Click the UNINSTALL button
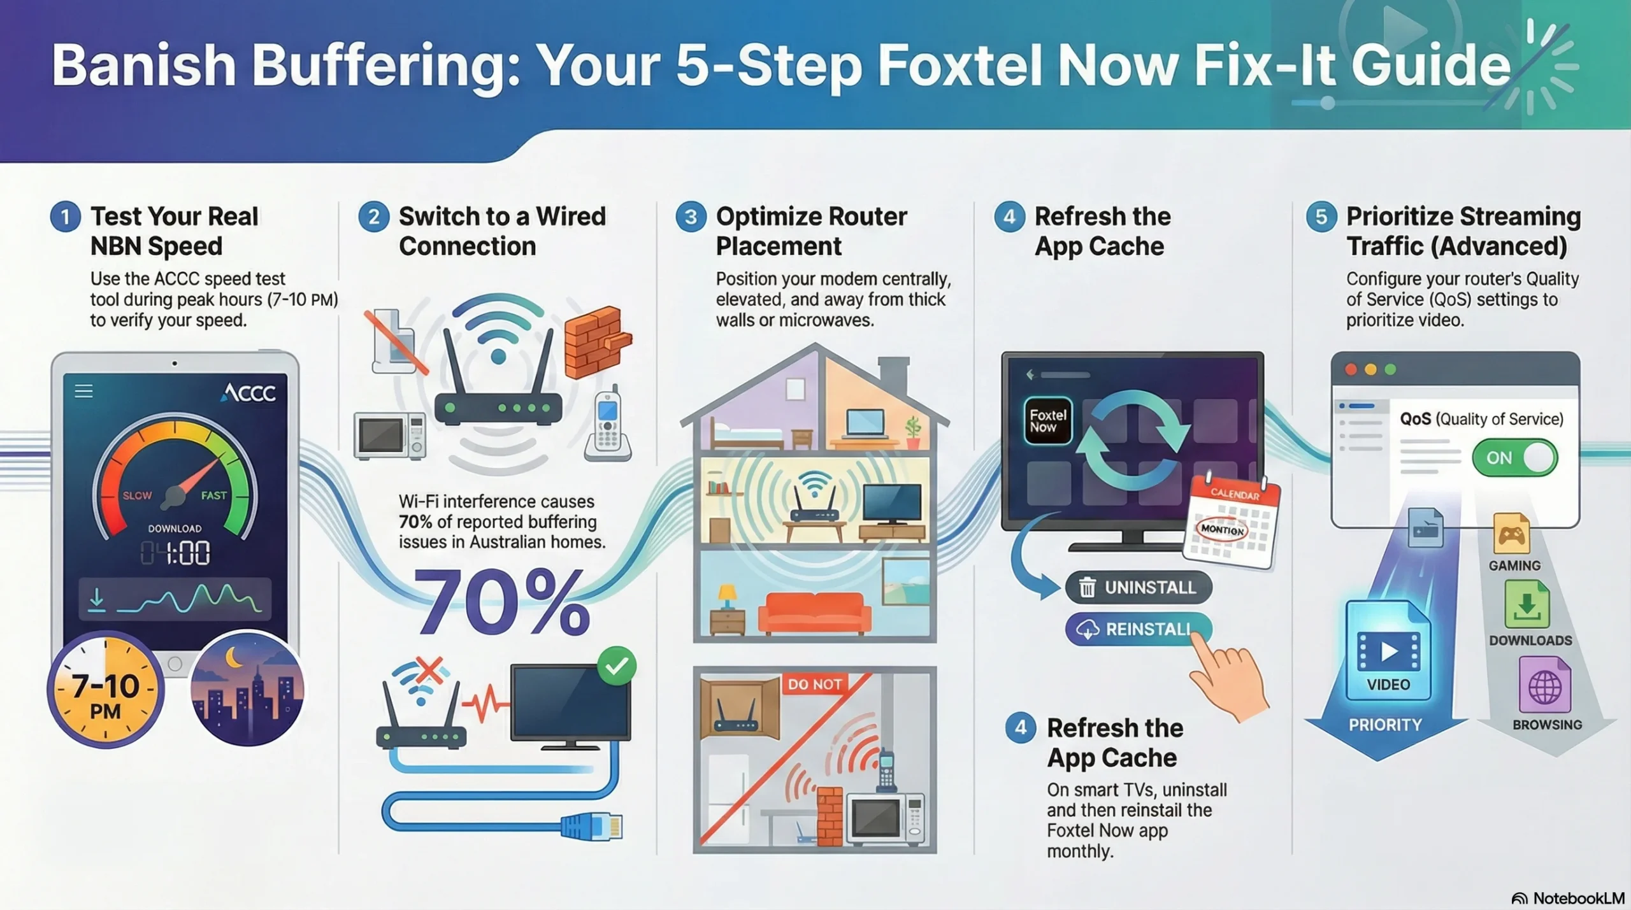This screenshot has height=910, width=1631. pos(1139,587)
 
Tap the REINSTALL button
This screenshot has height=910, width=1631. pos(1138,629)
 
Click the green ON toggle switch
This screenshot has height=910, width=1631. pos(1514,458)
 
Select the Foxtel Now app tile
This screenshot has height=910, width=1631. pos(1047,421)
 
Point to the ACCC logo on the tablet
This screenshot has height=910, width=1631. pos(248,393)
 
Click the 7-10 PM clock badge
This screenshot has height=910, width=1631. pos(106,690)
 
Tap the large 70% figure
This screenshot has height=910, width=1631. pos(502,602)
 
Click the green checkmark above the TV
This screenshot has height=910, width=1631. pos(616,666)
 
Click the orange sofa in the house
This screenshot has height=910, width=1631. pos(814,613)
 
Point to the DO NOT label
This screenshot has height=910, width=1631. pos(814,685)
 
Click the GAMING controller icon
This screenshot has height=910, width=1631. pos(1511,535)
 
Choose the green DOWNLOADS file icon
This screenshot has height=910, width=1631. pos(1527,606)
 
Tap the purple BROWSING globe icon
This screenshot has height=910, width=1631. pos(1544,686)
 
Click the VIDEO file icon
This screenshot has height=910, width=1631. pos(1388,651)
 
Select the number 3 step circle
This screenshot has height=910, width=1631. pos(691,217)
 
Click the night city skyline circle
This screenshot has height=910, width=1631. pos(247,689)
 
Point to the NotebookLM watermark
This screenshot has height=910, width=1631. pos(1569,899)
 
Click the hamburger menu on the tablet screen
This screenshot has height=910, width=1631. pos(84,391)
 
